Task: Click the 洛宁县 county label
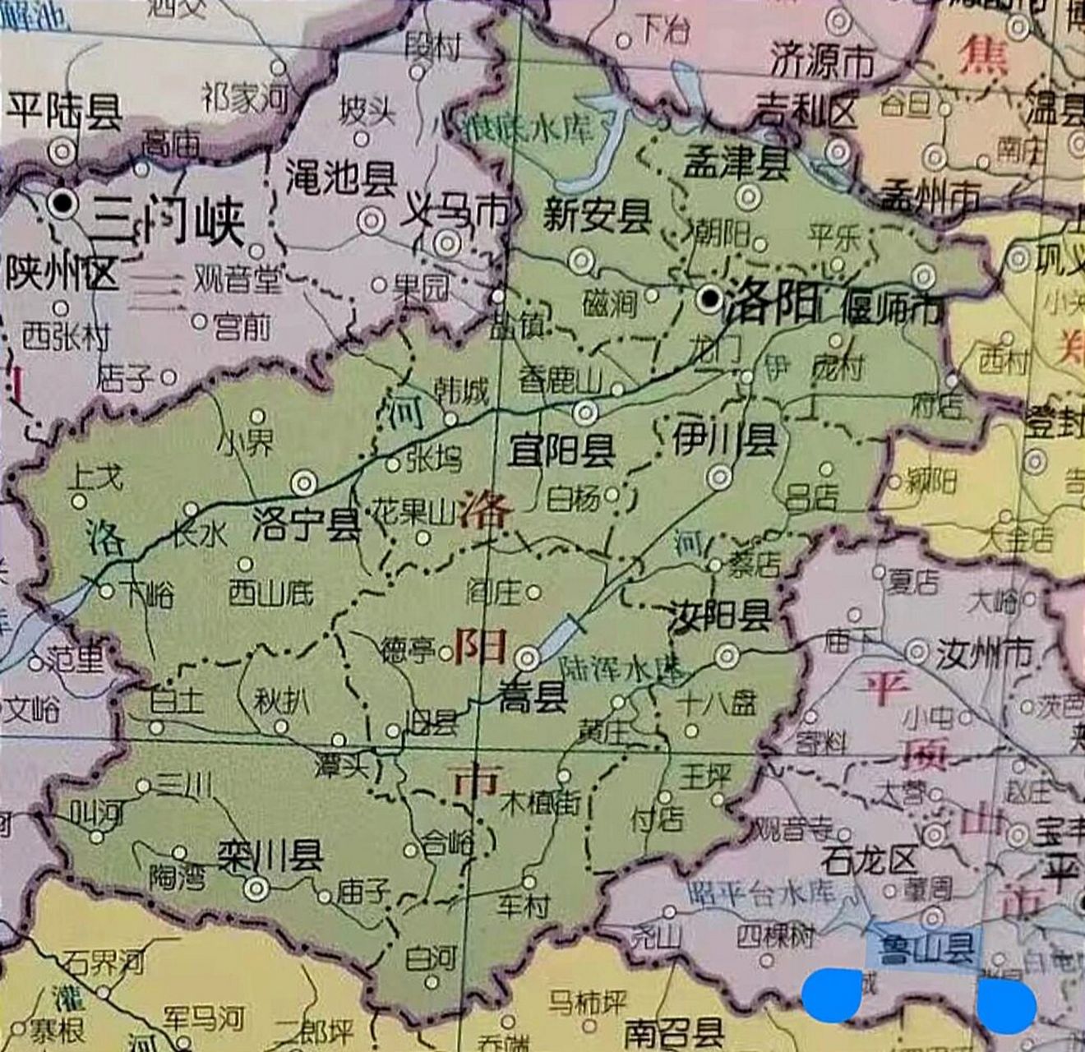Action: [x=307, y=524]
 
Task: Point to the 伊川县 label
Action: [x=724, y=440]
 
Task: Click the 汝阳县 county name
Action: [x=719, y=616]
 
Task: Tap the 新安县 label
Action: [x=597, y=216]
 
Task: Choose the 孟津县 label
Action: [x=736, y=164]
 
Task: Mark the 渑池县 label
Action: [x=341, y=177]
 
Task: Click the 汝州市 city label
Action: [x=985, y=653]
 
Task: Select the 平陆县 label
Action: [x=63, y=111]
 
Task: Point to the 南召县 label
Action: [x=674, y=1031]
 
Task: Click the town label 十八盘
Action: [x=717, y=704]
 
